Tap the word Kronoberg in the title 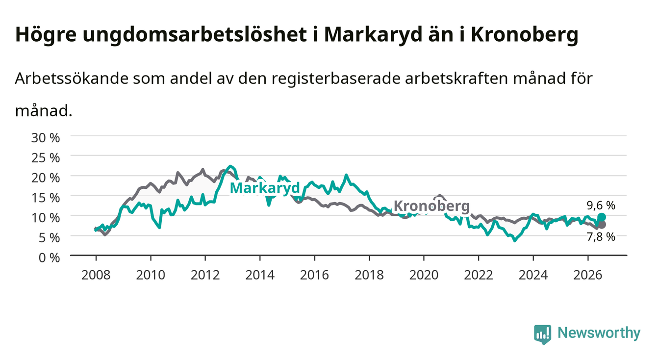point(525,35)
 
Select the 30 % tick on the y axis point(46,138)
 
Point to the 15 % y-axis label point(46,198)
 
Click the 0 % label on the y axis point(49,257)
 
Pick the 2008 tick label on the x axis point(96,275)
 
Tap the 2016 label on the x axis point(314,275)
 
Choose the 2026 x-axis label point(588,275)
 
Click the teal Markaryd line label point(265,188)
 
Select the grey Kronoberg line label point(431,206)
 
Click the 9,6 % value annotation point(601,206)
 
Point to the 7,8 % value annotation point(601,237)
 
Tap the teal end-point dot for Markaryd point(602,217)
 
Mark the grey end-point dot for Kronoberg point(602,225)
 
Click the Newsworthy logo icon point(543,334)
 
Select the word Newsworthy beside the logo point(599,333)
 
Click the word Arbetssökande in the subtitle point(72,78)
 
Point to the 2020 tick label point(424,275)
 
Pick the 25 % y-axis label point(46,158)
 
